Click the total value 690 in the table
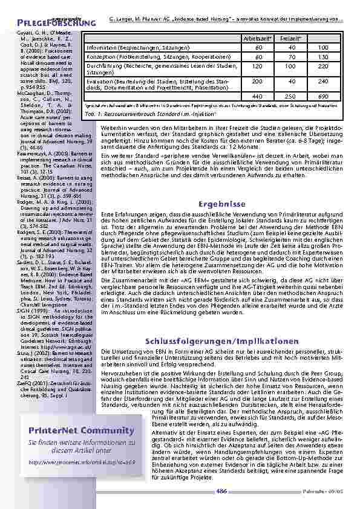(x=322, y=96)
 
